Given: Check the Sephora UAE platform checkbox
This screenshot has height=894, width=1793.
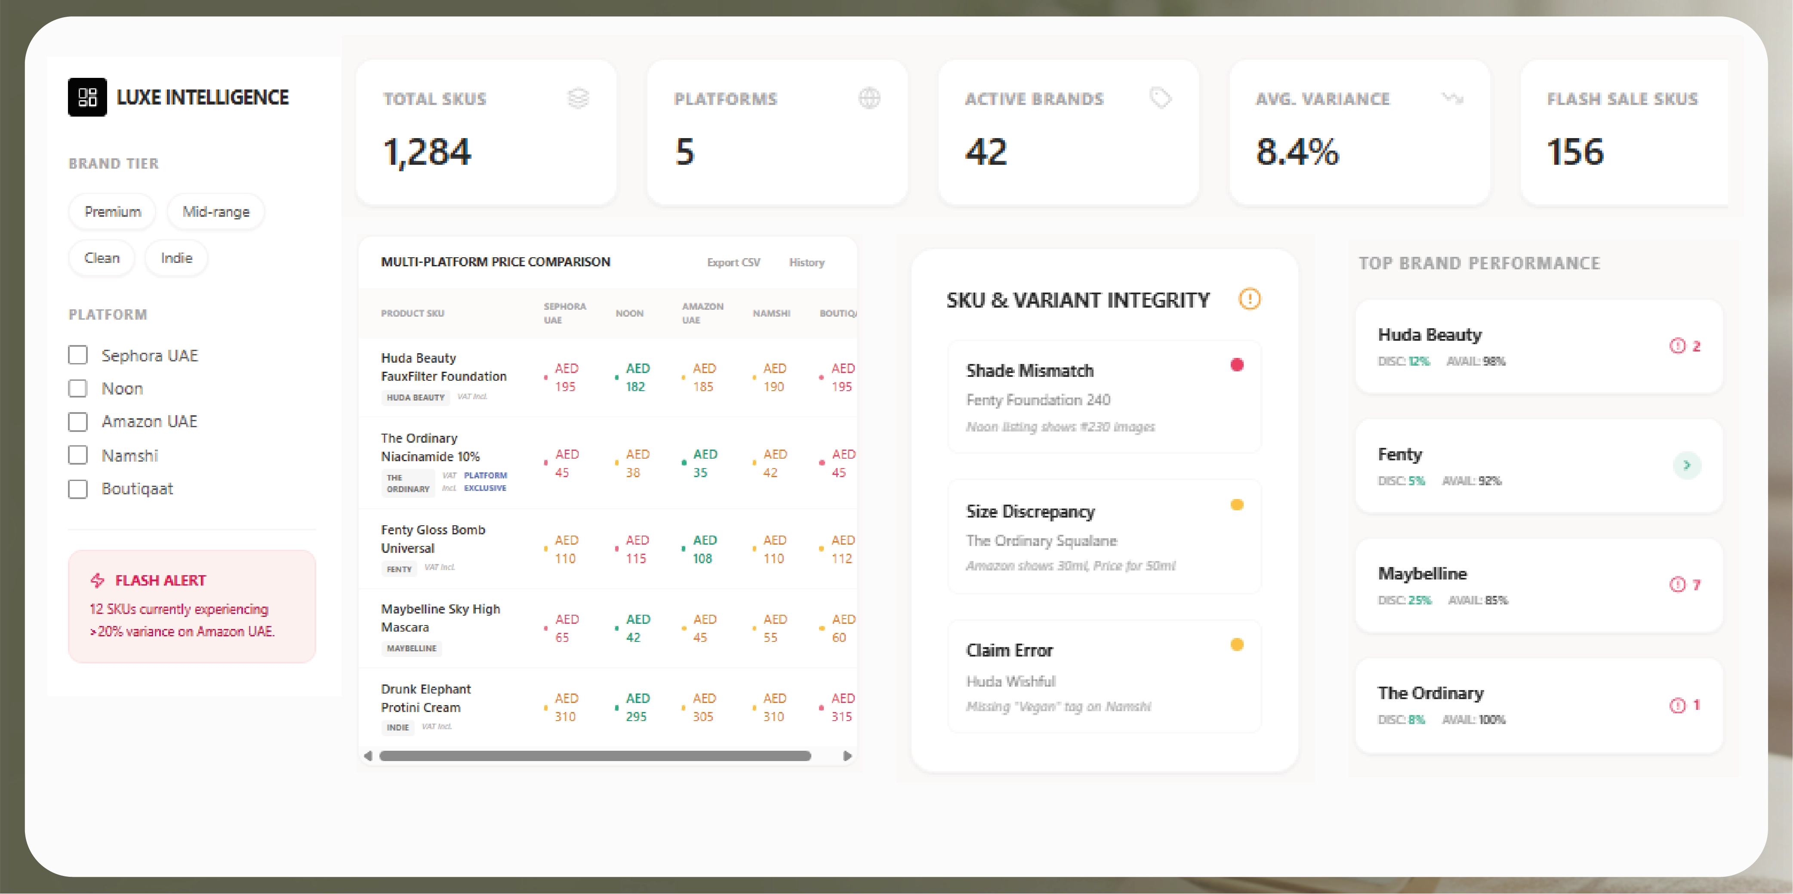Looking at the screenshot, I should coord(78,355).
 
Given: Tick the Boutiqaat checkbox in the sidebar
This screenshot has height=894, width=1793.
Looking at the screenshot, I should coord(78,489).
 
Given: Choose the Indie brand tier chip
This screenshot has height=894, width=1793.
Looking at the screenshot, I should coord(176,258).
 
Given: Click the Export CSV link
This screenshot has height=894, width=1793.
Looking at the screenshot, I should coord(733,262).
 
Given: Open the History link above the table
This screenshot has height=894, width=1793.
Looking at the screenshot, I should coord(806,262).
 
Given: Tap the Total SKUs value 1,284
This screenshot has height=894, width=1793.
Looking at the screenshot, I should coord(427,152).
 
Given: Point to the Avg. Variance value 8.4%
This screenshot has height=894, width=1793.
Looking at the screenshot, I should coord(1297,152).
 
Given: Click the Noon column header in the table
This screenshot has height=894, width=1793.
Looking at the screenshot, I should coord(629,313).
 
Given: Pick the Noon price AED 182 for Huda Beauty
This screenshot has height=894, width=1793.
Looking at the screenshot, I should coord(637,377).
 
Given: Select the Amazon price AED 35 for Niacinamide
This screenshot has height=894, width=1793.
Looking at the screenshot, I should coord(704,463).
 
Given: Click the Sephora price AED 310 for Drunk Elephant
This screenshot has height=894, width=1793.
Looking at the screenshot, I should coord(566,707).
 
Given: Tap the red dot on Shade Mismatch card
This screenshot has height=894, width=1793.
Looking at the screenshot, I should coord(1237,365).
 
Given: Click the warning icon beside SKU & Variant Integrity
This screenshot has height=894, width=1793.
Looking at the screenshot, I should coord(1249,299).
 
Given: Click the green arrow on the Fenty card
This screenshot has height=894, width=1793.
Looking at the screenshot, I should coord(1686,465).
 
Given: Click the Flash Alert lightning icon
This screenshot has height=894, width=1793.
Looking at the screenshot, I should coord(98,580).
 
